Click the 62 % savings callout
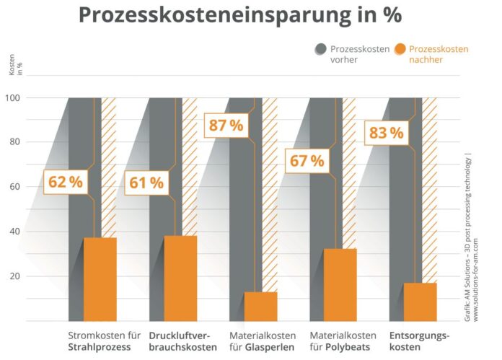click(x=65, y=182)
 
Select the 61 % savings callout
click(x=146, y=182)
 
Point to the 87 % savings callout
click(x=226, y=126)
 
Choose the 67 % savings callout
click(x=307, y=160)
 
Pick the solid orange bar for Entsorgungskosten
click(x=420, y=302)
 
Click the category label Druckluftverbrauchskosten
click(x=182, y=341)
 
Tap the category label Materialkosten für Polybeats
click(x=343, y=341)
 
